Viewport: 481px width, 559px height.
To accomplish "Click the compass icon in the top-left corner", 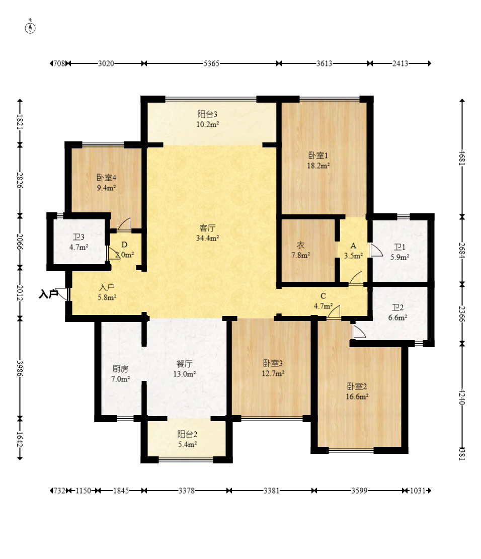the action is pos(30,27).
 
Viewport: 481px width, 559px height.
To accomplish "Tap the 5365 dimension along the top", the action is pos(211,63).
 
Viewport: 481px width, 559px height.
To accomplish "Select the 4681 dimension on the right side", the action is pos(462,157).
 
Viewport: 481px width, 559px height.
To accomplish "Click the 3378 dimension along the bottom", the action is pos(187,491).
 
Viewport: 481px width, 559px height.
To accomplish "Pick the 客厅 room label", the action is pos(207,228).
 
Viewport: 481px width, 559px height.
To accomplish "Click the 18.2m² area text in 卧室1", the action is pos(318,166).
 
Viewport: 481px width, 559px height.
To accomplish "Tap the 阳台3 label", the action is pos(207,114).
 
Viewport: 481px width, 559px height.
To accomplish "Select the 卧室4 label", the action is pos(106,178).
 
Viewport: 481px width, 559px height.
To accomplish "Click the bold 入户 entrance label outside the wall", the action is pos(48,294).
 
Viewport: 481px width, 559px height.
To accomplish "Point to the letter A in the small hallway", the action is pos(353,246).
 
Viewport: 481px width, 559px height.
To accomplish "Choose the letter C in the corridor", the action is pos(323,296).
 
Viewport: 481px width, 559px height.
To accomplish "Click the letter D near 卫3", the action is pos(124,245).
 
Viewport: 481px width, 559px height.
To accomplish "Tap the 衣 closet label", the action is pos(300,245).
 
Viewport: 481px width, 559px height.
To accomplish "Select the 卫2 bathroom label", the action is pos(397,307).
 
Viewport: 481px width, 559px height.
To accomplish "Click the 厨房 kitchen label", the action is pos(120,369).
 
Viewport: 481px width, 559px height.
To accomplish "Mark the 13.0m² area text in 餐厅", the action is pos(184,374).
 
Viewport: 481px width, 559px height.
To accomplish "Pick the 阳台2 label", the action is pos(188,434).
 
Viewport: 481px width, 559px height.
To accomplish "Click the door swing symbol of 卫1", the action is pos(376,250).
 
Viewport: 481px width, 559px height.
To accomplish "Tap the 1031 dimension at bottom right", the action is pos(418,491).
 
